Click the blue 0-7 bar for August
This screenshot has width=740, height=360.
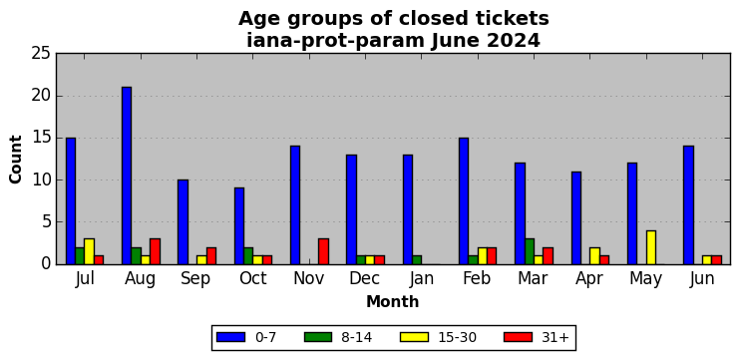127,176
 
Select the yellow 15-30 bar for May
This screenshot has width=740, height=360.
651,247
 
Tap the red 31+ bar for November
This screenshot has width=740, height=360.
323,251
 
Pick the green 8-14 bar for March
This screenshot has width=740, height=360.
530,251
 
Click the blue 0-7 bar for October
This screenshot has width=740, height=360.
239,226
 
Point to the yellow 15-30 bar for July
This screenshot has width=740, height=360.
89,251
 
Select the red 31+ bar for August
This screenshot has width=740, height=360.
156,251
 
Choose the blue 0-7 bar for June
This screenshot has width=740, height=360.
688,205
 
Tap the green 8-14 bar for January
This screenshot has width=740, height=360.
417,260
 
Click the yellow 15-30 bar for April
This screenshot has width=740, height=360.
594,255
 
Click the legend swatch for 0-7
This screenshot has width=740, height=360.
230,337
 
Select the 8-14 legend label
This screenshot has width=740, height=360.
356,337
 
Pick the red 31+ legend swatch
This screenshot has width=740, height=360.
519,337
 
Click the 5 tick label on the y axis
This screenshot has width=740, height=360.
46,222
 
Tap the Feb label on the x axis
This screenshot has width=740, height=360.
476,278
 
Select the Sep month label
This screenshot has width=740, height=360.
195,279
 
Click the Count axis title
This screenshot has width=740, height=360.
16,159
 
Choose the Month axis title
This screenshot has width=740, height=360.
393,301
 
